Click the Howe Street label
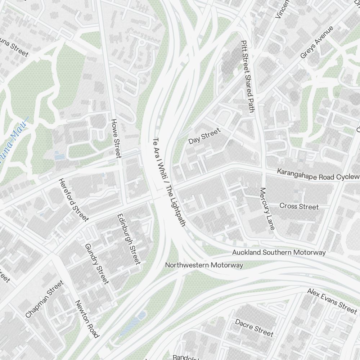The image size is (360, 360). tap(116, 139)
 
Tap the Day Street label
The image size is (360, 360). tap(204, 136)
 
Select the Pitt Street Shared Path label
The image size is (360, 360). tap(247, 76)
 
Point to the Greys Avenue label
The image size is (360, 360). tap(317, 42)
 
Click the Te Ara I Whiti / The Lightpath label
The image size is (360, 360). tap(169, 182)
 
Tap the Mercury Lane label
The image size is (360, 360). tap(267, 209)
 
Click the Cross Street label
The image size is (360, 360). tap(299, 206)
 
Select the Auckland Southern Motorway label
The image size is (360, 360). tap(279, 252)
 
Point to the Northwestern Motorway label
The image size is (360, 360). tap(204, 265)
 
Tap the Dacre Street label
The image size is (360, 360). tap(254, 327)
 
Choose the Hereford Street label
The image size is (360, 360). tap(74, 200)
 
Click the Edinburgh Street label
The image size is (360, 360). tap(129, 239)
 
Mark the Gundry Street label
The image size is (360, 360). tap(96, 264)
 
